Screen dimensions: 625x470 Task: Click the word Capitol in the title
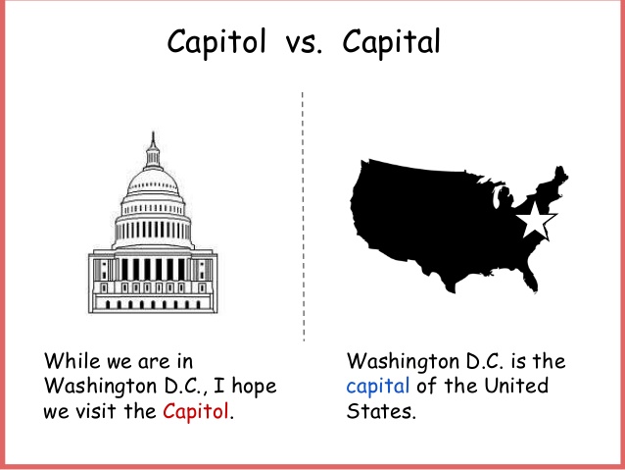[x=216, y=42]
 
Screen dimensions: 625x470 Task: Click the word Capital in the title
[x=392, y=42]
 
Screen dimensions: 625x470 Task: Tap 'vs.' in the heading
[x=304, y=44]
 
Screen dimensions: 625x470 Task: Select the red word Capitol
[x=196, y=411]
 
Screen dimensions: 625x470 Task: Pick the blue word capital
[x=377, y=387]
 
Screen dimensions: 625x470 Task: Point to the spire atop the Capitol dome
[x=153, y=139]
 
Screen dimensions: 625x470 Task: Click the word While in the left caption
[x=72, y=361]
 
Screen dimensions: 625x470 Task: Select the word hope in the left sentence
[x=255, y=387]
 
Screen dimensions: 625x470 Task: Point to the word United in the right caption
[x=516, y=386]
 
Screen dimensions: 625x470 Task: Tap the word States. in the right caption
[x=381, y=411]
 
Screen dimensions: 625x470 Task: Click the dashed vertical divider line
[x=303, y=217]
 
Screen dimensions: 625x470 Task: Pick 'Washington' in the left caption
[x=100, y=388]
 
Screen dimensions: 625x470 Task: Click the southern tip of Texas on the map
[x=452, y=290]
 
